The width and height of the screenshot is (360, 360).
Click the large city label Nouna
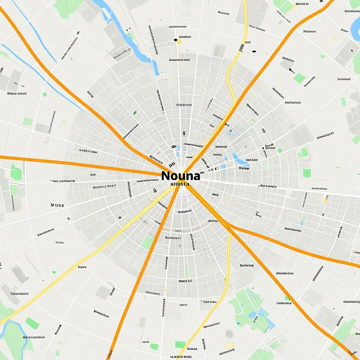coord(181,176)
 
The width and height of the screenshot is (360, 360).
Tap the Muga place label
coord(57,205)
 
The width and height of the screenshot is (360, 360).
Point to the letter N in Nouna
coord(166,176)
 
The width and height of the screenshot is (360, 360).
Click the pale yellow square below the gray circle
coord(230,346)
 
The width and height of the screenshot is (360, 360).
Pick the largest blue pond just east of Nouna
coord(240,161)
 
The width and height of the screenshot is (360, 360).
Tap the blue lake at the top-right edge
coord(356,25)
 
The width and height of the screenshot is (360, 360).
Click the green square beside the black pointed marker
coord(299,78)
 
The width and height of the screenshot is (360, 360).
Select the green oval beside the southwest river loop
coord(32,323)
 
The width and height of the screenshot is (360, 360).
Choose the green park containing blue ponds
coord(251,309)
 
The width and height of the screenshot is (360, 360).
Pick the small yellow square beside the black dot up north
coord(179,41)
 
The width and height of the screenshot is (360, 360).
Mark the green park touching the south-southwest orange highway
coord(148,243)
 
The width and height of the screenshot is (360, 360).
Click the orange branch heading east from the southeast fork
coord(299,250)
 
